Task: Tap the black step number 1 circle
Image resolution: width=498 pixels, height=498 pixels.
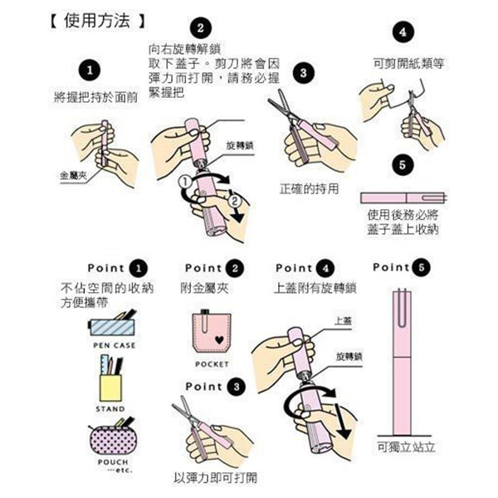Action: (x=94, y=69)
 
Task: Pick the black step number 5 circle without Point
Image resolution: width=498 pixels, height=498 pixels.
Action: (x=402, y=166)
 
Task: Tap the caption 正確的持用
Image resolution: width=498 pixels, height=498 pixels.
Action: (x=309, y=188)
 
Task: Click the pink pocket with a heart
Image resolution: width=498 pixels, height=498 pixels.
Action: (x=212, y=334)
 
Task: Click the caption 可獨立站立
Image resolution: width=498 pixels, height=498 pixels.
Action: (x=406, y=447)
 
